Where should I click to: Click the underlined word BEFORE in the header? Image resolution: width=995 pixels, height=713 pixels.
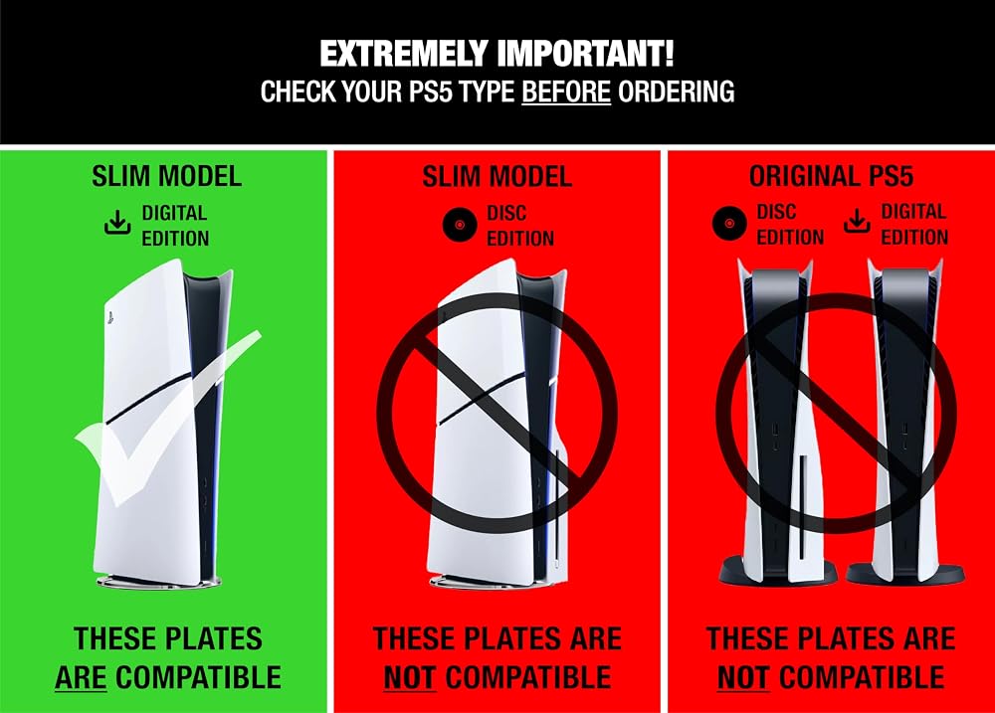pos(566,91)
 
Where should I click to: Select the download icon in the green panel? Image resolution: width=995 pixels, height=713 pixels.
pos(117,223)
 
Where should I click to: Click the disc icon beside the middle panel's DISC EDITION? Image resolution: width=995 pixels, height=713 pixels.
pos(460,225)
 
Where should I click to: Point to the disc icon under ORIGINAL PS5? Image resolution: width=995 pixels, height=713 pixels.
pos(729,224)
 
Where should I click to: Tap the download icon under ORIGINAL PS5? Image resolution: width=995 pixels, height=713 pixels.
pos(857,221)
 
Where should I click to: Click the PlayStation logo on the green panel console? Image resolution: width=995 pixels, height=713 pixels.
pos(109,318)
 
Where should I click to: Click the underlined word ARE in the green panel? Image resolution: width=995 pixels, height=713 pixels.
pos(81,677)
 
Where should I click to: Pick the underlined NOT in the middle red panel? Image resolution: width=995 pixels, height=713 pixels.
pos(409,677)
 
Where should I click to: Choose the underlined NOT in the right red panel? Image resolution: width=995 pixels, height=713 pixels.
pos(743,677)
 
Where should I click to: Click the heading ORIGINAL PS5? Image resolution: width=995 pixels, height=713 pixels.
pos(831,176)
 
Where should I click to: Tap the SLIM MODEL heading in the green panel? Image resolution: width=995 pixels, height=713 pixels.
pos(166,176)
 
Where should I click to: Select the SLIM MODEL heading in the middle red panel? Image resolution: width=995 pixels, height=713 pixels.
pos(497,176)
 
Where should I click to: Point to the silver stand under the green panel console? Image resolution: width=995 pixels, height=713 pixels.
pos(158,581)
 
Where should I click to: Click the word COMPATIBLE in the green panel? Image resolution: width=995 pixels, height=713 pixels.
pos(199,677)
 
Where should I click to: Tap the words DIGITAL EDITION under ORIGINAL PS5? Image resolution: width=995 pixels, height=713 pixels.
pos(913,224)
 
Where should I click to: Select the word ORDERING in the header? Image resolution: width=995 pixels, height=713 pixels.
pos(676,91)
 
